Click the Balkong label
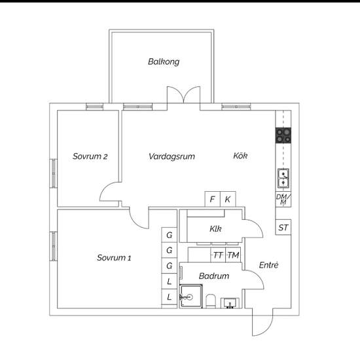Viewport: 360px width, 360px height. tap(164, 62)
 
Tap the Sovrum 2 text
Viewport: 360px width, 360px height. tap(90, 156)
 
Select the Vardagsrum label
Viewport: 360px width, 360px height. tap(171, 156)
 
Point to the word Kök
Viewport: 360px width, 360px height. tap(240, 156)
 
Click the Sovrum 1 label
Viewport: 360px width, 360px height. tap(114, 258)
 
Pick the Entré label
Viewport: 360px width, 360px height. tap(268, 265)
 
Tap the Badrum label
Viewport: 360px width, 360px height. tap(214, 276)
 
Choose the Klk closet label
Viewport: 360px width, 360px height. tap(215, 228)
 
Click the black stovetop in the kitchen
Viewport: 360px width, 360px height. tap(283, 135)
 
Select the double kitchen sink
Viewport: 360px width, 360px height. tap(283, 179)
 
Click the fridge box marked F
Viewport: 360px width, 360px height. tap(212, 199)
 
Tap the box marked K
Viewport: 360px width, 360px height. tap(228, 199)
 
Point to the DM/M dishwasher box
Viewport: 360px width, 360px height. tap(283, 199)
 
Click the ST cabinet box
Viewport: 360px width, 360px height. tap(283, 227)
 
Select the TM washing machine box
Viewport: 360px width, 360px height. tap(233, 255)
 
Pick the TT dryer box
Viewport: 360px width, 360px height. tap(219, 255)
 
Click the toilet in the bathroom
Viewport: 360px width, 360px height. tap(211, 301)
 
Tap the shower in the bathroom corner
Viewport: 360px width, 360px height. tap(190, 297)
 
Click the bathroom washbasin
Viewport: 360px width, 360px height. tap(230, 303)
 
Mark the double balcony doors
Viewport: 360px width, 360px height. tap(184, 95)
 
